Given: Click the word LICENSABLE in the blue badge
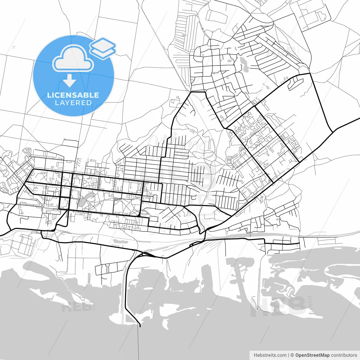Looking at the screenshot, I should (x=73, y=95).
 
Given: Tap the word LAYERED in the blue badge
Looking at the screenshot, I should (x=73, y=103).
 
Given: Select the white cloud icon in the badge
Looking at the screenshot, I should (x=73, y=58).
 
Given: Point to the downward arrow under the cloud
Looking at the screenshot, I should (x=69, y=81).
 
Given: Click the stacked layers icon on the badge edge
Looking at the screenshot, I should (x=103, y=48).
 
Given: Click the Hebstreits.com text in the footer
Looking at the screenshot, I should (x=270, y=355).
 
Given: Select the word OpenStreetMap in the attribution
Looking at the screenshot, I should (x=312, y=355).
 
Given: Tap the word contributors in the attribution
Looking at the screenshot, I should (x=344, y=355).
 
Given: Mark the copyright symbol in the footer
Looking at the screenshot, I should (x=292, y=355).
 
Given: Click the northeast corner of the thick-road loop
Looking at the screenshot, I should (x=310, y=73).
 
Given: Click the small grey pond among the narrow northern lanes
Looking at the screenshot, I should (x=184, y=35).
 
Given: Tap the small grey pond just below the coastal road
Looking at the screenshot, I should (x=120, y=241).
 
